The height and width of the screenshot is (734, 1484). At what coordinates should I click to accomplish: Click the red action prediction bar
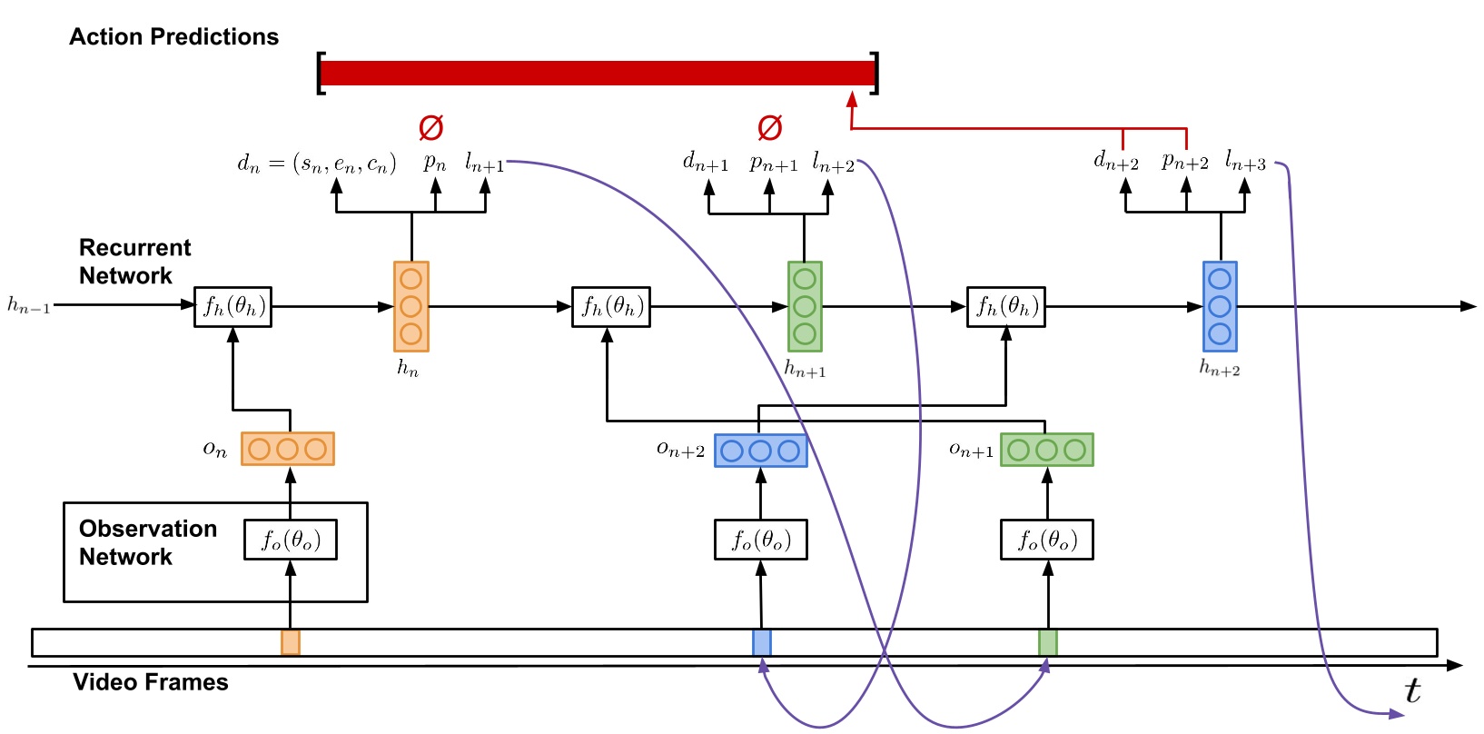(598, 73)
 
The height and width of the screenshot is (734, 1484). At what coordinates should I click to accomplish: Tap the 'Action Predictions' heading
(173, 37)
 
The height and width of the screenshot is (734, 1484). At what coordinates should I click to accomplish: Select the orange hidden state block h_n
(411, 306)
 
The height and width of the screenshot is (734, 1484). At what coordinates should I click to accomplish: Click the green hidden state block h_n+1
(805, 306)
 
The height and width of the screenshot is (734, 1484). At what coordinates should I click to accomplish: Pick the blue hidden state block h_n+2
(1220, 306)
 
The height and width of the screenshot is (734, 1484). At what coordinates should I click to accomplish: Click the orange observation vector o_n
(287, 449)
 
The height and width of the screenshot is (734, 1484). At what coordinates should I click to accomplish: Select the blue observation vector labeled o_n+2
(760, 451)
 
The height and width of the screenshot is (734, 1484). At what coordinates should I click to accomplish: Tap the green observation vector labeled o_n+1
(1046, 450)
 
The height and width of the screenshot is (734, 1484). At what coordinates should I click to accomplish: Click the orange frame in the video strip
(291, 642)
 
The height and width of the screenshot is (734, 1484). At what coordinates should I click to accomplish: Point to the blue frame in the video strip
(762, 642)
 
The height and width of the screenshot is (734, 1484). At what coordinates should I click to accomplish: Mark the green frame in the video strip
(1048, 642)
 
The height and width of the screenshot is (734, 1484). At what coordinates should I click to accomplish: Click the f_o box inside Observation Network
(291, 540)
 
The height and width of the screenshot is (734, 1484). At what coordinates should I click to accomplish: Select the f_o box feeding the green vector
(1046, 540)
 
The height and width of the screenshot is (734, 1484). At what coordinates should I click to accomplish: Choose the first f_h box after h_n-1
(232, 306)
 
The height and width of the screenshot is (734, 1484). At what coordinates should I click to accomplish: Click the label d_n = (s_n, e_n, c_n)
(316, 164)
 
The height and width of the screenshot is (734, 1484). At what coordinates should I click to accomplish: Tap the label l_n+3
(1245, 163)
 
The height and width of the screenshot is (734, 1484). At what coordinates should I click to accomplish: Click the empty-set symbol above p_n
(430, 128)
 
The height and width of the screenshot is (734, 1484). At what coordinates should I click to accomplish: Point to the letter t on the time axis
(1411, 691)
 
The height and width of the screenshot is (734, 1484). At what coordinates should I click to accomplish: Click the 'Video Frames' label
(151, 682)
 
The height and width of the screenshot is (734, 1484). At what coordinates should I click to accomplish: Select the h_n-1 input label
(28, 306)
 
